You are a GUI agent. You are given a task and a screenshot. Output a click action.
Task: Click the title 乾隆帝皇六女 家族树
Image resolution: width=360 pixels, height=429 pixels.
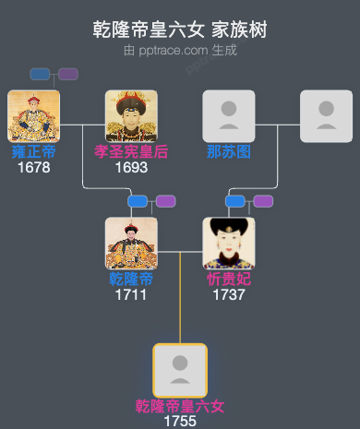[180, 30]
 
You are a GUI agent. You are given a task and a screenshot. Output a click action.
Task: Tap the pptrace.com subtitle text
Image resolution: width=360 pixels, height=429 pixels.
[180, 50]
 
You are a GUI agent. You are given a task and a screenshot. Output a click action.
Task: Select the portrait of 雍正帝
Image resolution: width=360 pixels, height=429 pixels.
[33, 115]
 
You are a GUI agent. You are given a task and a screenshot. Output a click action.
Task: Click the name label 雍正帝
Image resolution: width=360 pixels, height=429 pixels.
[33, 152]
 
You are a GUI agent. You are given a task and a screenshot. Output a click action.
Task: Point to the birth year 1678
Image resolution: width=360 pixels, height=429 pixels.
[33, 167]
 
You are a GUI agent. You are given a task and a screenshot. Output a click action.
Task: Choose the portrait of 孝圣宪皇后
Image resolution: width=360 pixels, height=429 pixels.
[131, 115]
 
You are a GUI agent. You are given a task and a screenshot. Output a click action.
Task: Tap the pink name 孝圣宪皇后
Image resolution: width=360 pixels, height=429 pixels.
[131, 152]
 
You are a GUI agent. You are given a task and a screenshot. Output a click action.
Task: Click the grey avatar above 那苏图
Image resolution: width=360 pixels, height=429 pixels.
[229, 115]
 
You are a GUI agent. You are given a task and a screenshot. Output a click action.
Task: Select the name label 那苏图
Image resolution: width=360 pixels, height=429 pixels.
[229, 152]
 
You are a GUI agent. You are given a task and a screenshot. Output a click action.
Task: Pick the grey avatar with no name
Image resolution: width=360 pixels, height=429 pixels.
[327, 115]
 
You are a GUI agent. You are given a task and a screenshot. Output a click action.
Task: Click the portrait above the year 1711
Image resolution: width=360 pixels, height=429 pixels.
[131, 243]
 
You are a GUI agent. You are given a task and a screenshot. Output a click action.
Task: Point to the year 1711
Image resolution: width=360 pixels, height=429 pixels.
[131, 294]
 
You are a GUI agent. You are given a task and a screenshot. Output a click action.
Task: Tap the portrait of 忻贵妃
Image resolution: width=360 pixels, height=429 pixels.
[229, 243]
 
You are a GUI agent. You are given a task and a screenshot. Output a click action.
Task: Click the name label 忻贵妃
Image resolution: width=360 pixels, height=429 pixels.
[229, 280]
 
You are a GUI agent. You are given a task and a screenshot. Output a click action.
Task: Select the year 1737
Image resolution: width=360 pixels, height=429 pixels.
[229, 294]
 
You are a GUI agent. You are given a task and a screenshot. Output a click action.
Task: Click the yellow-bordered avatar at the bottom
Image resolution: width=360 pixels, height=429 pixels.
[180, 370]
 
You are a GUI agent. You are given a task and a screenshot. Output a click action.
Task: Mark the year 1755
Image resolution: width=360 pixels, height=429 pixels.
[180, 421]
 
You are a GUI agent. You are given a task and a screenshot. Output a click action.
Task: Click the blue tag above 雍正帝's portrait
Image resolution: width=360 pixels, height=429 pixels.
[40, 74]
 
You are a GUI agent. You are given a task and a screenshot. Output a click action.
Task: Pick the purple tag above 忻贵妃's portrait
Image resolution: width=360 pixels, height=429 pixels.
[263, 201]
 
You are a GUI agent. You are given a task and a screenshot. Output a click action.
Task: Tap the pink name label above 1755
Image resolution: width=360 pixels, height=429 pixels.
[180, 406]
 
